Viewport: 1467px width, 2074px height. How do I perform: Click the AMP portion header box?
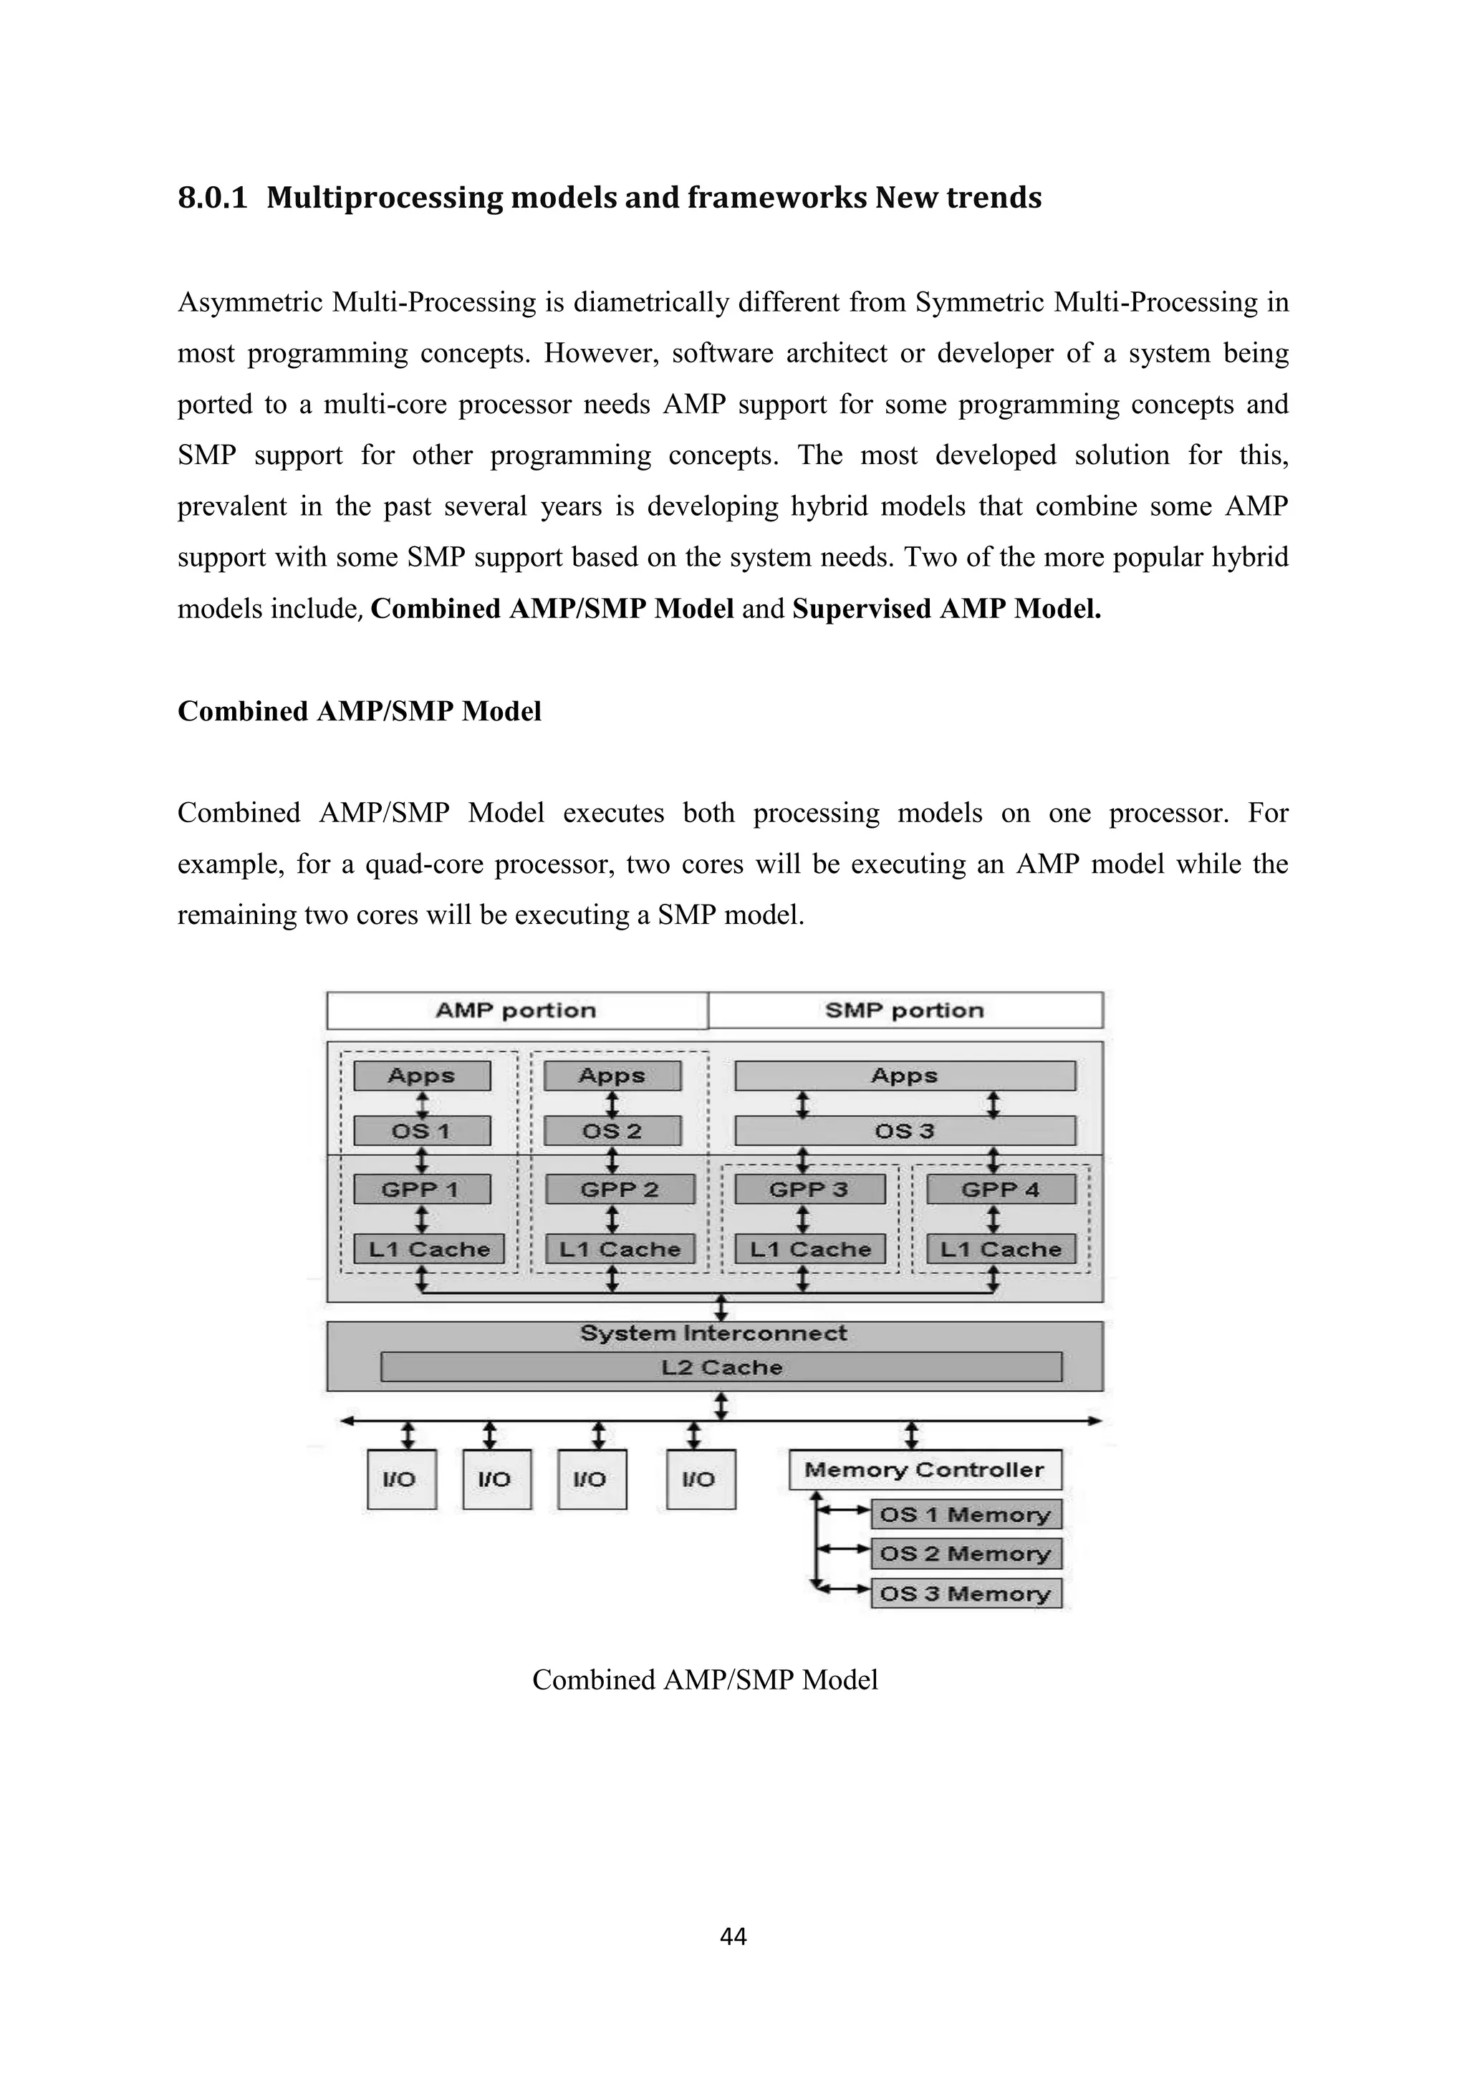pyautogui.click(x=516, y=1010)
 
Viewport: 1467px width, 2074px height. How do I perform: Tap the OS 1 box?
pyautogui.click(x=422, y=1131)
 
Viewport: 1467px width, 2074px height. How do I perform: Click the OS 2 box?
pyautogui.click(x=612, y=1131)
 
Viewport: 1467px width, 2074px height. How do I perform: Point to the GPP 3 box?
pyautogui.click(x=809, y=1190)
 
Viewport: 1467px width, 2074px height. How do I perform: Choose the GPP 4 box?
pyautogui.click(x=1000, y=1190)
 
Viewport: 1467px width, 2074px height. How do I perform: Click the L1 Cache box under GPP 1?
pyautogui.click(x=429, y=1249)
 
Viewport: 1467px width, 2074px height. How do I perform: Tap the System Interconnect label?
pyautogui.click(x=713, y=1333)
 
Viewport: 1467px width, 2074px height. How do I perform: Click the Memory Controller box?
pyautogui.click(x=924, y=1470)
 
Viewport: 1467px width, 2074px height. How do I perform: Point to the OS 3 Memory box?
pyautogui.click(x=966, y=1593)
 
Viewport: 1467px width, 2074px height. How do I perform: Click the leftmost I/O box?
pyautogui.click(x=401, y=1479)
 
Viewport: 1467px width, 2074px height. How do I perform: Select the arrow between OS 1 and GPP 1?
pyautogui.click(x=422, y=1160)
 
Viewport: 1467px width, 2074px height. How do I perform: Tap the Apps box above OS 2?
pyautogui.click(x=612, y=1076)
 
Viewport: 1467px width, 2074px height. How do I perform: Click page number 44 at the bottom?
pyautogui.click(x=733, y=1936)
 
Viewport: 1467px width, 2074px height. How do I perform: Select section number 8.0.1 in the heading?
pyautogui.click(x=212, y=197)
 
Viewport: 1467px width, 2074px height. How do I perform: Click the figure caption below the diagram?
pyautogui.click(x=705, y=1679)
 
